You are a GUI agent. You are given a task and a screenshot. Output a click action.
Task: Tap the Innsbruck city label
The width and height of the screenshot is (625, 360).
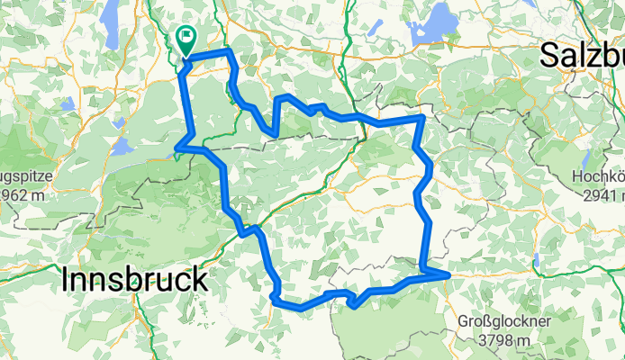click(x=136, y=280)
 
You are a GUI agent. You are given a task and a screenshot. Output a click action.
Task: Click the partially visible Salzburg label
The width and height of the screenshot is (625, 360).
click(x=582, y=56)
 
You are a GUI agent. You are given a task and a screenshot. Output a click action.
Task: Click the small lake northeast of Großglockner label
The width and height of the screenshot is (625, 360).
click(x=537, y=261)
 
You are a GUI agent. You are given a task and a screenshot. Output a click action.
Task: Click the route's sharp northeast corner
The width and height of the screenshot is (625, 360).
click(x=422, y=117)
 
